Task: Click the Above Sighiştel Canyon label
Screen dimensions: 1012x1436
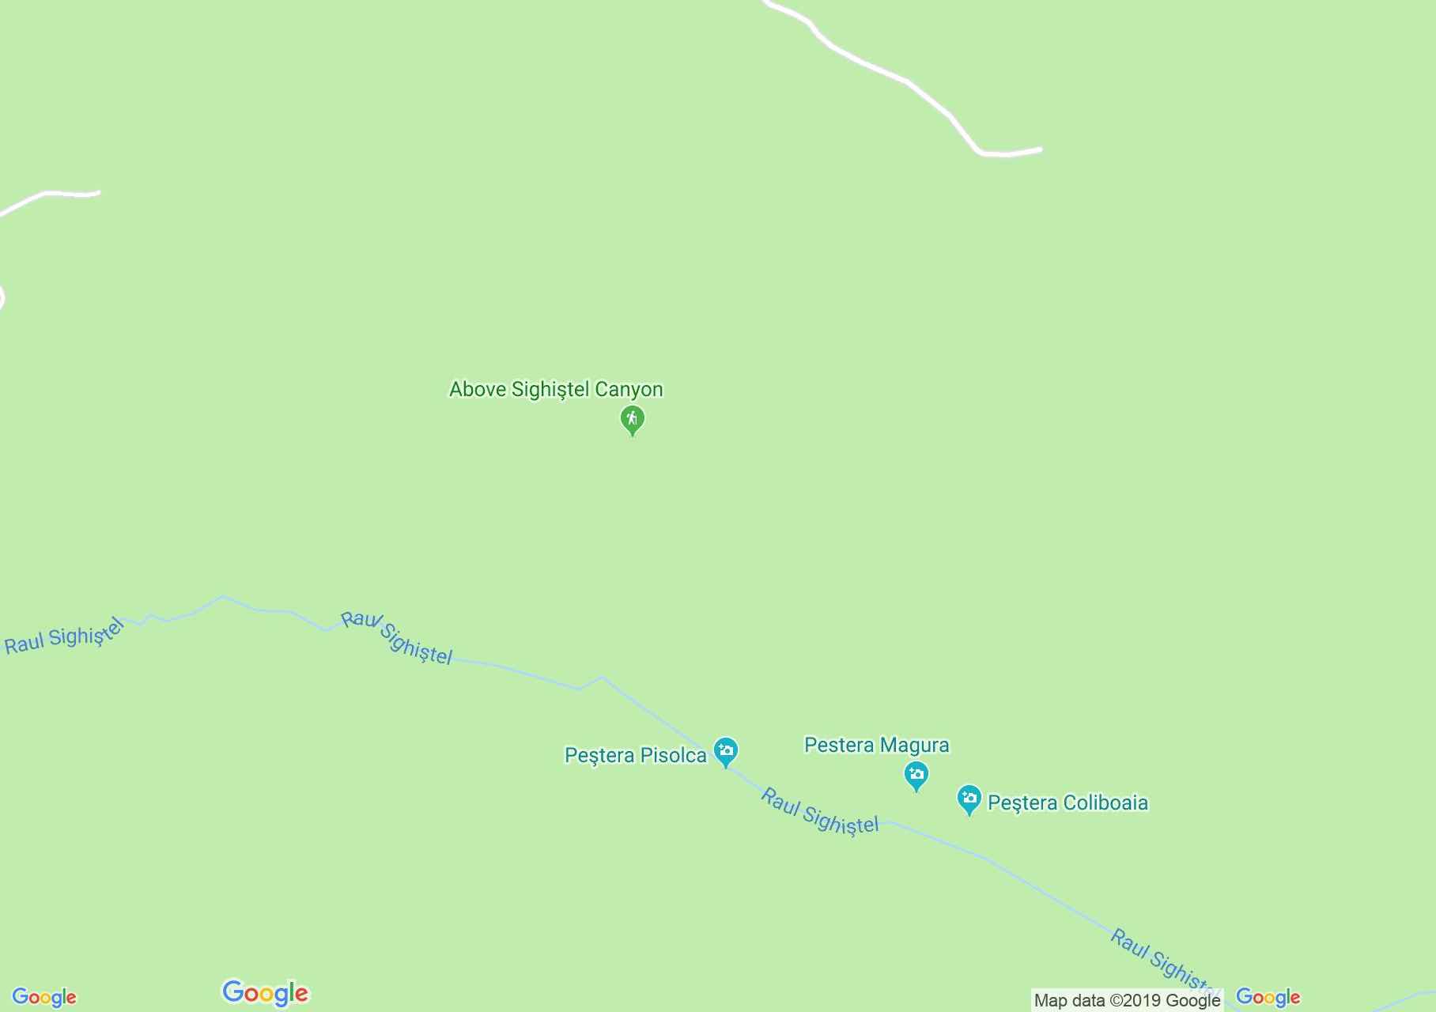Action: click(x=556, y=389)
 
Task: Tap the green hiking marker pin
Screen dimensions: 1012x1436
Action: click(x=632, y=419)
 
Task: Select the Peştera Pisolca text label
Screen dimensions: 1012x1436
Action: click(x=635, y=755)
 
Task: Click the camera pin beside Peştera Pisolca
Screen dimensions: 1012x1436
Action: click(x=725, y=750)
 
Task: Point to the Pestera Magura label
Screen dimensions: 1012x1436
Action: click(x=876, y=745)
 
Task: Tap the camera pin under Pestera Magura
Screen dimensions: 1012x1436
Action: click(x=916, y=774)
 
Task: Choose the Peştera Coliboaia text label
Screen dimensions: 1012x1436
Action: click(x=1068, y=802)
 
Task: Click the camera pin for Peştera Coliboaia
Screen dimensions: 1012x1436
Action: click(x=969, y=799)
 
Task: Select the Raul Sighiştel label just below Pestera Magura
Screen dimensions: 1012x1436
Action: click(x=819, y=812)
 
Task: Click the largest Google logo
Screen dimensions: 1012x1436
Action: click(x=265, y=993)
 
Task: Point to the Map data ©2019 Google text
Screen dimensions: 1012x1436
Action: click(x=1127, y=1001)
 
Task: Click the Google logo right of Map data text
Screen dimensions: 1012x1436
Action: click(x=1268, y=997)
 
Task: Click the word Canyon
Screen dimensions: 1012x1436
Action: click(x=629, y=389)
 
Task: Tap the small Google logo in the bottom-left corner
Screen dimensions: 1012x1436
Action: click(x=44, y=998)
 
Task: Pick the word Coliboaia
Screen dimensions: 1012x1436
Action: click(x=1105, y=802)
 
